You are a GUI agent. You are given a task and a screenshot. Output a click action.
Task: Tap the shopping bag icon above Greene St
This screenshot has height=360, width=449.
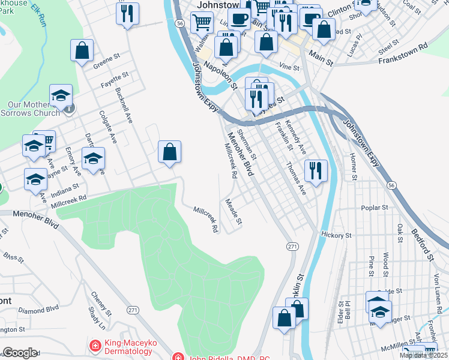(x=82, y=52)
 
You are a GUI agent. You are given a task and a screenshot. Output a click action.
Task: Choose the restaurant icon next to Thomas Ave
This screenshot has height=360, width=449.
(x=316, y=171)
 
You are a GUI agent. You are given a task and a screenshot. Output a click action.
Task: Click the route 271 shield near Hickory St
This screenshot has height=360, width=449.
(x=292, y=247)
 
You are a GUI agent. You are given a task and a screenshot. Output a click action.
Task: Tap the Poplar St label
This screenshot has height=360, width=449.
(x=375, y=208)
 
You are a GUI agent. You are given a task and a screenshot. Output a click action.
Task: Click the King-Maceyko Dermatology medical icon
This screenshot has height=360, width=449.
(x=94, y=346)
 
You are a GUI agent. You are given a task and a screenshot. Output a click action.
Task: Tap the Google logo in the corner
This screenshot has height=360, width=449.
(x=20, y=353)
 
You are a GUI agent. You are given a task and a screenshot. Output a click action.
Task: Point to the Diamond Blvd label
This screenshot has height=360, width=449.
(x=38, y=310)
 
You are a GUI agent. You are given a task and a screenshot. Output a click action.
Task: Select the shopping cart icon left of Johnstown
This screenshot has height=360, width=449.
(x=202, y=23)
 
